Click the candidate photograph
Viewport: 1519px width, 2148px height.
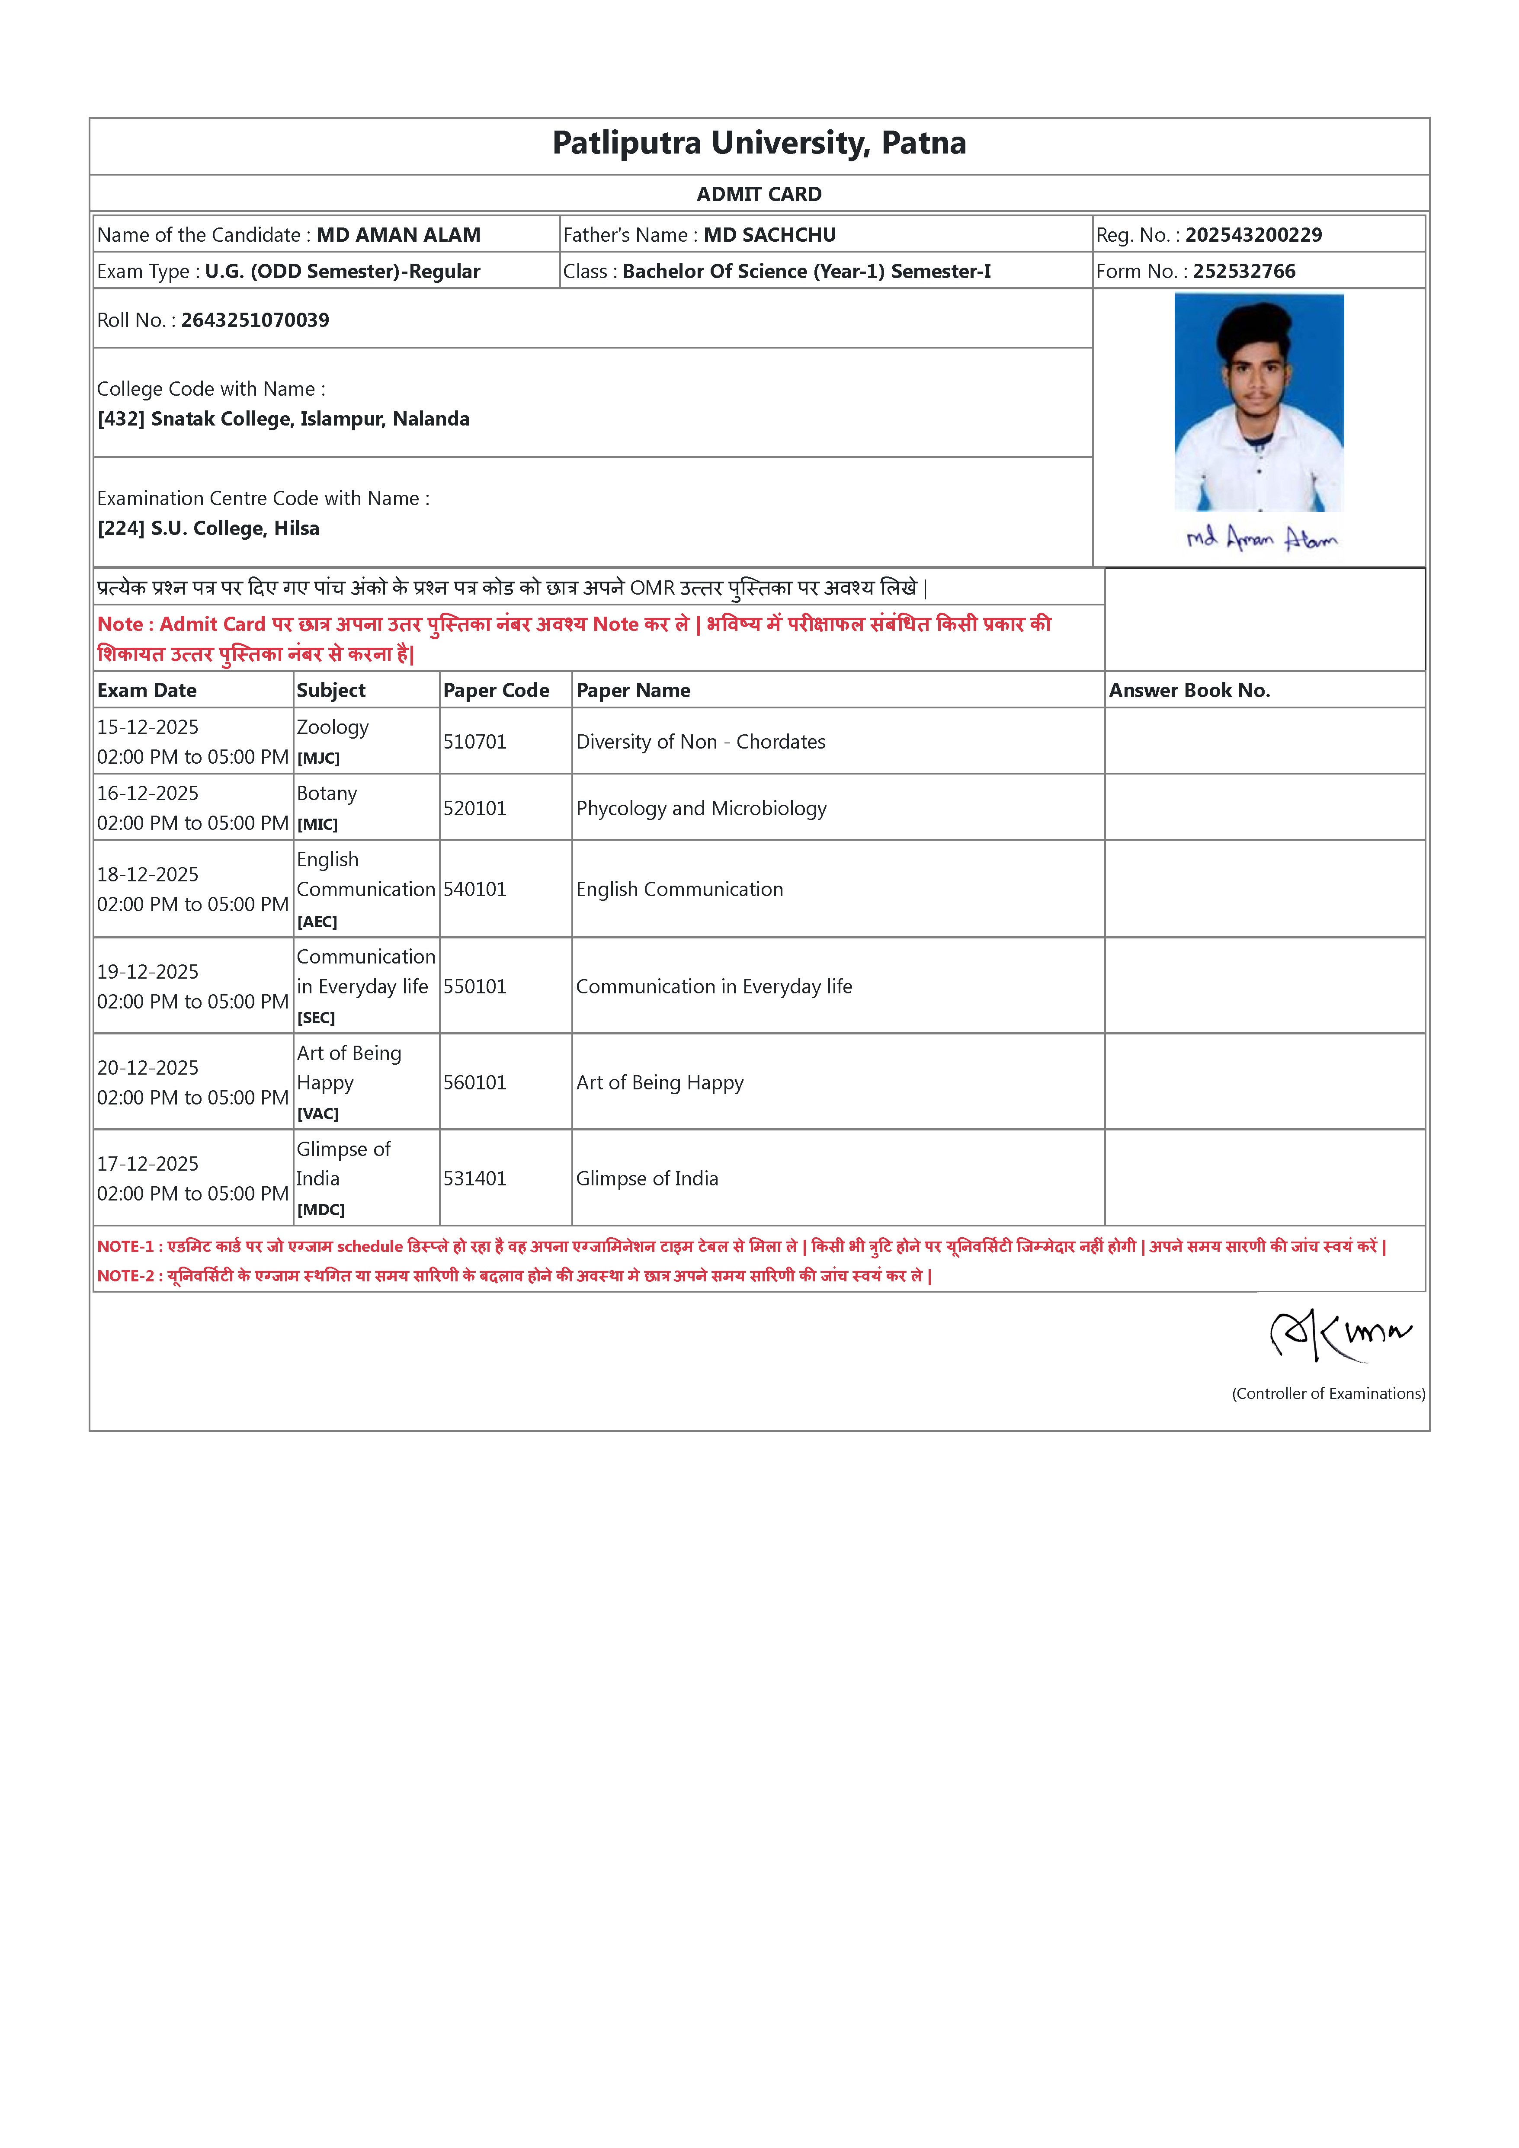[1259, 402]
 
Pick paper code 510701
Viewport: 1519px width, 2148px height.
[474, 742]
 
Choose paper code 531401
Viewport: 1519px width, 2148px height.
[474, 1179]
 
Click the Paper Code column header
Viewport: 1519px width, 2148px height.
[496, 691]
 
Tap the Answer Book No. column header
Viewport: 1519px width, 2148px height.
[1189, 691]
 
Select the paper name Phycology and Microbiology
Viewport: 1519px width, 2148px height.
[701, 808]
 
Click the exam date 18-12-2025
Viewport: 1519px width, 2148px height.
[148, 875]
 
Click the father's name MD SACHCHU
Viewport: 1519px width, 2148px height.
[769, 235]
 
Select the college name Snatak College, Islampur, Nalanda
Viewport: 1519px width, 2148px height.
[310, 419]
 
